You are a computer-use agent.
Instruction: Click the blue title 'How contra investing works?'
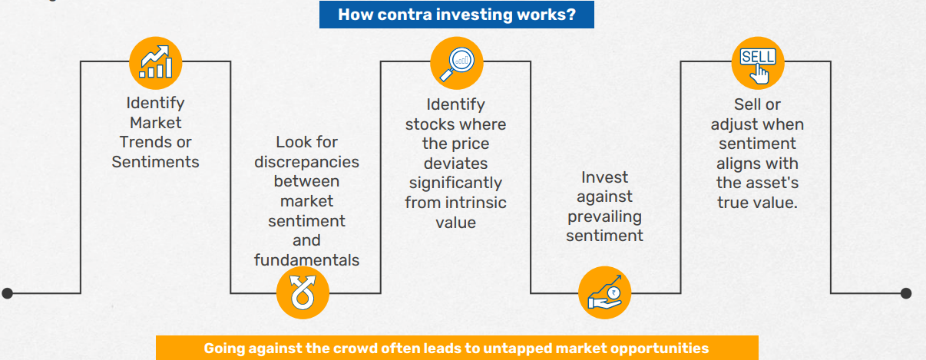coord(457,15)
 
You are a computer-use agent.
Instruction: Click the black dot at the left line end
coord(8,292)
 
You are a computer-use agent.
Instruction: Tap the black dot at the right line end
coord(905,292)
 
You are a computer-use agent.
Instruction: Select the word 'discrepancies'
coord(306,162)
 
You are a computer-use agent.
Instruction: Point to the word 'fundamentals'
coord(306,260)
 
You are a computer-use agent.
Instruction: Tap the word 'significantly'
coord(455,183)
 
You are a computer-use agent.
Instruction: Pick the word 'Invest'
coord(605,177)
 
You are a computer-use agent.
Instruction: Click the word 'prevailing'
coord(605,216)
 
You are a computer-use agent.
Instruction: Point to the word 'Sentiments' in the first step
coord(155,161)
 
